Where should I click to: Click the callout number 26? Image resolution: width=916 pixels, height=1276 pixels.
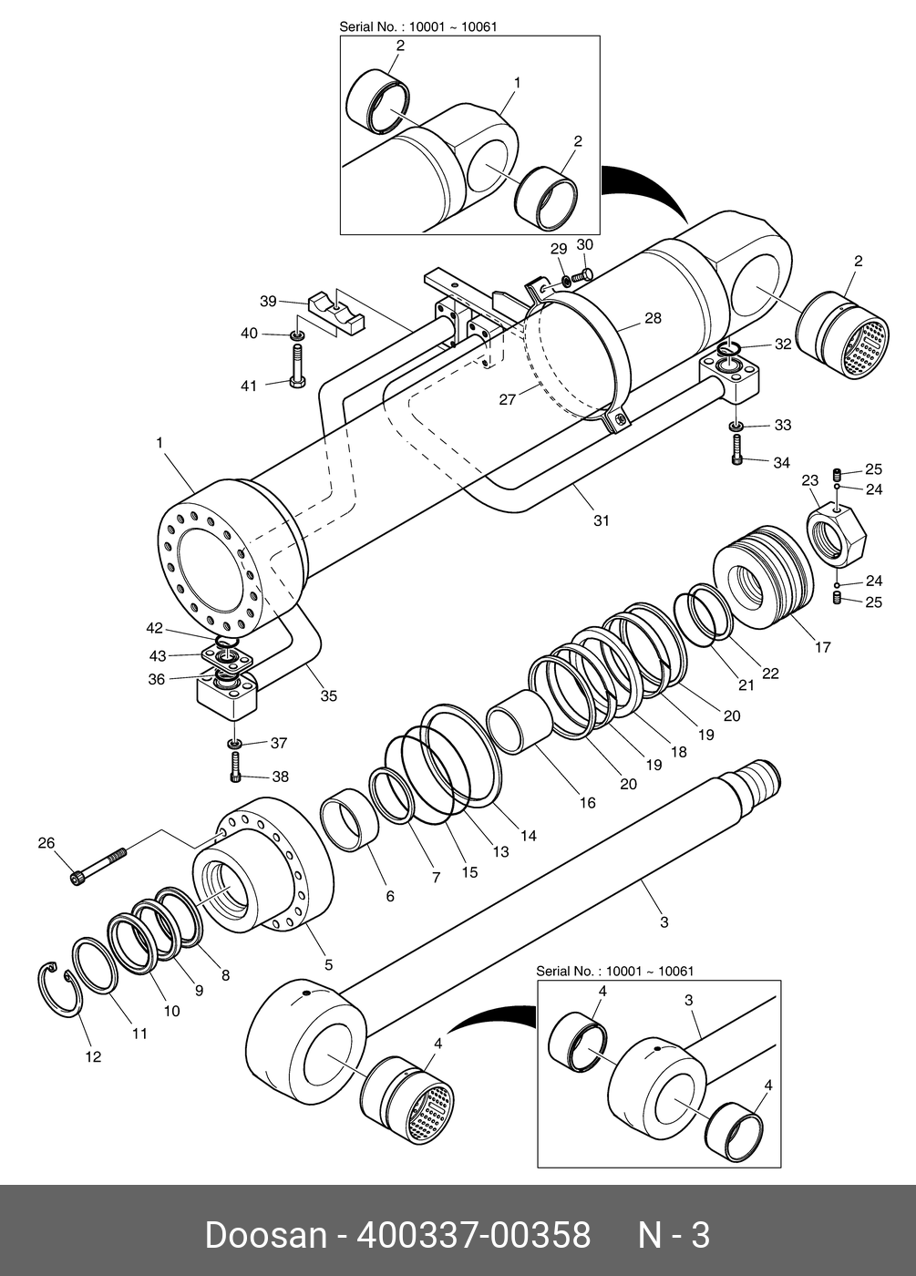coord(46,842)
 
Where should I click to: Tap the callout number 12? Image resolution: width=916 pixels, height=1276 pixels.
coord(93,1056)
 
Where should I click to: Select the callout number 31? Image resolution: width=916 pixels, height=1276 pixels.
coord(602,520)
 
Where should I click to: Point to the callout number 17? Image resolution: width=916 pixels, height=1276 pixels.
coord(822,647)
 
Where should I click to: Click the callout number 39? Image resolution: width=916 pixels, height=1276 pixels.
coord(268,301)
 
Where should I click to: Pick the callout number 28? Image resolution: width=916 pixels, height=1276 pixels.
coord(653,318)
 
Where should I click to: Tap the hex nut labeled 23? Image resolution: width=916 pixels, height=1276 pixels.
coord(837,538)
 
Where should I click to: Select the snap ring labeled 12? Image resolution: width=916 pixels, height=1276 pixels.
coord(60,988)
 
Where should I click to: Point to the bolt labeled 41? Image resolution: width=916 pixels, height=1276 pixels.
coord(297,366)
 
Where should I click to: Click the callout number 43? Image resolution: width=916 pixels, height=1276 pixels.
coord(157,655)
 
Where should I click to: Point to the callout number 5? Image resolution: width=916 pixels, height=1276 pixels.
coord(328,964)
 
